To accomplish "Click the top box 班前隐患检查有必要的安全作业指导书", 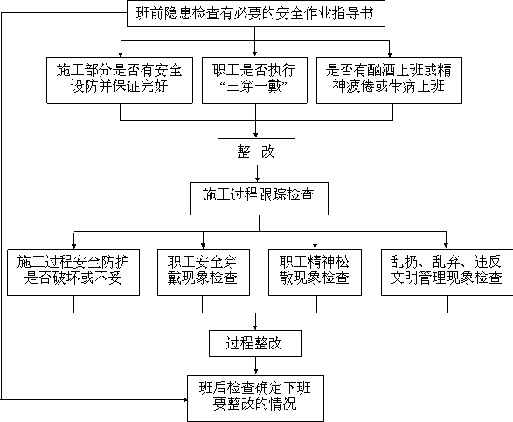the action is click(256, 14).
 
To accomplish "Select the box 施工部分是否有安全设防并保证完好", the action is click(120, 81).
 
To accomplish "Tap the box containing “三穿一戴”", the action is click(254, 81).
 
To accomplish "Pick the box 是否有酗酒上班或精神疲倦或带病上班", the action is click(389, 81).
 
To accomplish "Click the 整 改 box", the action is click(257, 151).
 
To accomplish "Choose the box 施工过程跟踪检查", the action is click(259, 199).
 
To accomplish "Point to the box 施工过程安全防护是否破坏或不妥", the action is click(73, 272).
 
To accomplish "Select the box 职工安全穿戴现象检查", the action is click(204, 272).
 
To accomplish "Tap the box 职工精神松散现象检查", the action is click(315, 272).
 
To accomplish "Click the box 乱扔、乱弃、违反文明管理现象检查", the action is click(447, 272).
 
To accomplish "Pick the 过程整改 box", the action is click(255, 344).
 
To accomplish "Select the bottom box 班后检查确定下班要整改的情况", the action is click(255, 398).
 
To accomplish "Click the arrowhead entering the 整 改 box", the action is click(256, 136).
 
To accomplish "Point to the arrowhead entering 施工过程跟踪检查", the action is click(257, 179).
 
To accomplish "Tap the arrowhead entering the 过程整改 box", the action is click(255, 327).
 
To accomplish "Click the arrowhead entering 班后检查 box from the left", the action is click(185, 400).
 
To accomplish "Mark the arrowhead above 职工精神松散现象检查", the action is click(315, 246).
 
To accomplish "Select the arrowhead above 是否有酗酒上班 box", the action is click(389, 54).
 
